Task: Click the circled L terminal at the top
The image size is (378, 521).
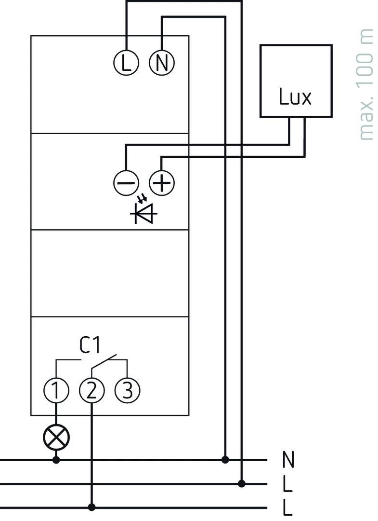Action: pos(126,63)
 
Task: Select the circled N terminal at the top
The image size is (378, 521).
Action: pos(162,63)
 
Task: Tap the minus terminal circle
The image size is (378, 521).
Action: pos(126,183)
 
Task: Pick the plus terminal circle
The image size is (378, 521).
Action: pos(162,183)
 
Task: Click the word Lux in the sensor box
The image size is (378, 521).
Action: pos(295,97)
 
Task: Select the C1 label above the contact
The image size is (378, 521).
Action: pos(90,345)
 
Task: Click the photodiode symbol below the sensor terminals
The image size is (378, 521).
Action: pos(143,211)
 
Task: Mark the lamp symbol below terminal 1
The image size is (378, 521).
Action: pos(56,437)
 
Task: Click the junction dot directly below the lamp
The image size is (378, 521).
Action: pos(56,460)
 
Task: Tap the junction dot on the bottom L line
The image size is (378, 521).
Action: pos(92,507)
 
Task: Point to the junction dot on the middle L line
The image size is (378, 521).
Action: pos(242,483)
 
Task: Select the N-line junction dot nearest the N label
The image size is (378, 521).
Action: pos(224,460)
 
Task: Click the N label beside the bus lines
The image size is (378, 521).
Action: pos(288,460)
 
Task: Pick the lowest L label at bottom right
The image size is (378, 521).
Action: pos(288,507)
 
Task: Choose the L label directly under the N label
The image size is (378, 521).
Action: pos(288,484)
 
